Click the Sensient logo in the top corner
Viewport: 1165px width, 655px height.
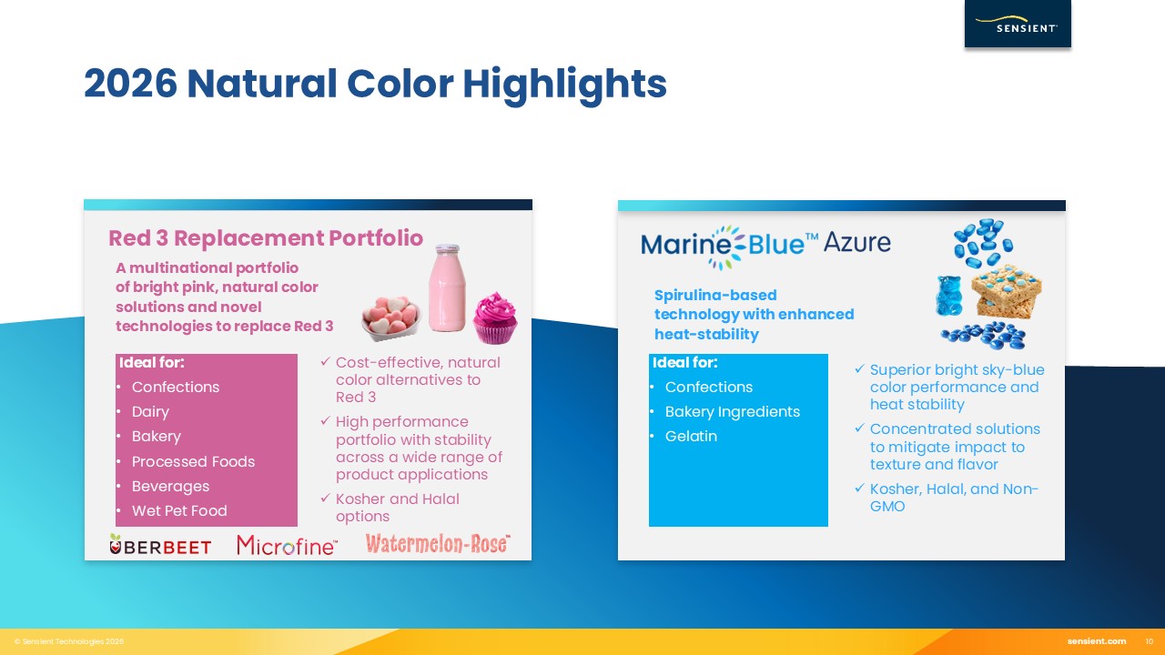(1018, 24)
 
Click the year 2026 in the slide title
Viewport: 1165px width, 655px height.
(130, 83)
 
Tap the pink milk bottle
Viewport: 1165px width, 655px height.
(447, 287)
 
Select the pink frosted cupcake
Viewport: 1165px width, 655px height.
(495, 318)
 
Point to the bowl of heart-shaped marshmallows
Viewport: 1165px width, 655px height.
(391, 318)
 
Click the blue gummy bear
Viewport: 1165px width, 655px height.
(948, 296)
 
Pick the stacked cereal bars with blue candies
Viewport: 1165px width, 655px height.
(1006, 291)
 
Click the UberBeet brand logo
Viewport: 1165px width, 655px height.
(160, 545)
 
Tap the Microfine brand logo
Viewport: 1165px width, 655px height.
(287, 545)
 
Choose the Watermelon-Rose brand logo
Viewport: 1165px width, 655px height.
(438, 544)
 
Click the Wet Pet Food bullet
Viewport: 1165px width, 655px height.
(179, 510)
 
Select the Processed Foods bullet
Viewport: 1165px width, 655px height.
(193, 461)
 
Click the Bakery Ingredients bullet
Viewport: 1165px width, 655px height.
(732, 412)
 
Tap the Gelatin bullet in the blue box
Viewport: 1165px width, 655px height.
(691, 436)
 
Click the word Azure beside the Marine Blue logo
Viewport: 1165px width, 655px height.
(856, 242)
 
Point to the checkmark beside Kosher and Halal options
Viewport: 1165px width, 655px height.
(326, 498)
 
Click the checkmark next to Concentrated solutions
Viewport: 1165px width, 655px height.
(860, 428)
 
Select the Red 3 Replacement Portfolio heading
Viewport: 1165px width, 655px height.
(266, 238)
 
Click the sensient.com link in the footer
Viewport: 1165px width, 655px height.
(1097, 641)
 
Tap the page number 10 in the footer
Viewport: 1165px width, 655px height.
(1149, 641)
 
